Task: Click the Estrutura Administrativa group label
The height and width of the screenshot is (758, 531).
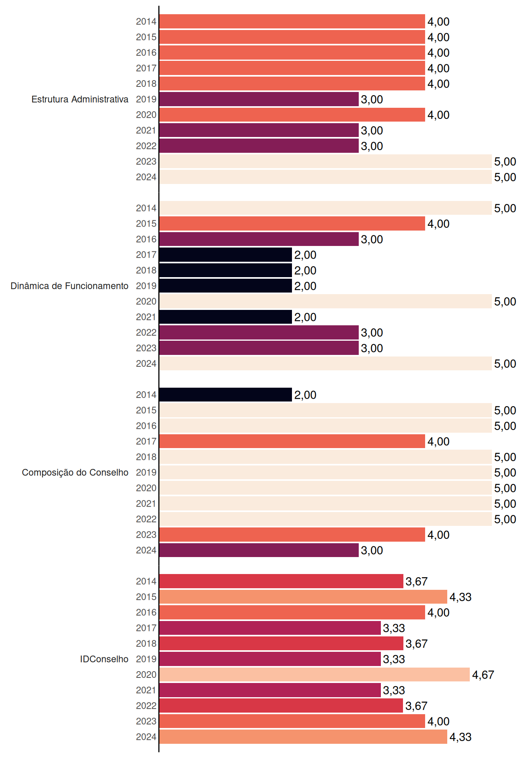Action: pyautogui.click(x=80, y=99)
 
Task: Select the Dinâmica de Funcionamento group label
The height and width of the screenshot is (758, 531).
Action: pyautogui.click(x=70, y=286)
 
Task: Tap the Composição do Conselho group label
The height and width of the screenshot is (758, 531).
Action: pyautogui.click(x=75, y=473)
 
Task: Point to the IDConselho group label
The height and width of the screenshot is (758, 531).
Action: pyautogui.click(x=104, y=659)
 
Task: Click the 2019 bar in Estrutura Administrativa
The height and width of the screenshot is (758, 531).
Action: pyautogui.click(x=259, y=99)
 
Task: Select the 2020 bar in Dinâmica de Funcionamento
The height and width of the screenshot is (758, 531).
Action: pyautogui.click(x=326, y=301)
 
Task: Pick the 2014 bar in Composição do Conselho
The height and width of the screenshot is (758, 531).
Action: pyautogui.click(x=226, y=395)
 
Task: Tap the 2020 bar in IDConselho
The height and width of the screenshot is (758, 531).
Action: pyautogui.click(x=314, y=675)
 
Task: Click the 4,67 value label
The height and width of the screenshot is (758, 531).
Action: pyautogui.click(x=483, y=675)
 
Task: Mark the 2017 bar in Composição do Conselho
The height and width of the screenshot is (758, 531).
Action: pyautogui.click(x=292, y=441)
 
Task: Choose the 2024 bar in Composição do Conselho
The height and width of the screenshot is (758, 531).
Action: pyautogui.click(x=259, y=550)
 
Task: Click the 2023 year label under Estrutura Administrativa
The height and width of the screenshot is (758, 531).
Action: pyautogui.click(x=146, y=161)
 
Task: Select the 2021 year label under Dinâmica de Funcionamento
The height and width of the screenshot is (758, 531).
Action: pyautogui.click(x=146, y=317)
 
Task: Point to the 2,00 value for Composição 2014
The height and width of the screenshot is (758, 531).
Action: pyautogui.click(x=305, y=395)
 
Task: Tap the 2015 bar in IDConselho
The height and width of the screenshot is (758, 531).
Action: pyautogui.click(x=303, y=597)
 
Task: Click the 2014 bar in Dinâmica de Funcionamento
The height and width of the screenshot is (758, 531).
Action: pyautogui.click(x=326, y=208)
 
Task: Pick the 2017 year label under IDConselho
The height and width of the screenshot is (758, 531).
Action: pyautogui.click(x=146, y=628)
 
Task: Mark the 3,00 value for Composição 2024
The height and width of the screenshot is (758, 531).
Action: pyautogui.click(x=372, y=550)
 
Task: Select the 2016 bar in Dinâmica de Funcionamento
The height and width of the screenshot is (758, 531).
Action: pyautogui.click(x=259, y=239)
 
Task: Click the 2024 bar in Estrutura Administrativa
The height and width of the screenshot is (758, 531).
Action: pyautogui.click(x=326, y=177)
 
